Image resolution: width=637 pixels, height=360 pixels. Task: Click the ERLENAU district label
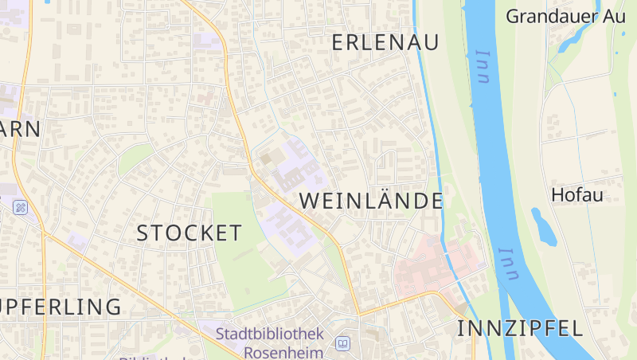(x=385, y=43)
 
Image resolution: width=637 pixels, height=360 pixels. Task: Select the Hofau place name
(x=577, y=195)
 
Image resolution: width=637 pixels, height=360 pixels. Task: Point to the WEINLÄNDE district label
(x=371, y=201)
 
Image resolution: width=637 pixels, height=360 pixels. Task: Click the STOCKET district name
(x=189, y=233)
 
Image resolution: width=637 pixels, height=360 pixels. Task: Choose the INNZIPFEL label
(x=520, y=328)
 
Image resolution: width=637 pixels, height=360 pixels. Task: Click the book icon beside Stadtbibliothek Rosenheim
(x=342, y=343)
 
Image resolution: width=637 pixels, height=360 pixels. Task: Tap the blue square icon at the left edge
(x=20, y=207)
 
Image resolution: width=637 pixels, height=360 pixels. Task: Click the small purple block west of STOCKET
(x=77, y=240)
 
